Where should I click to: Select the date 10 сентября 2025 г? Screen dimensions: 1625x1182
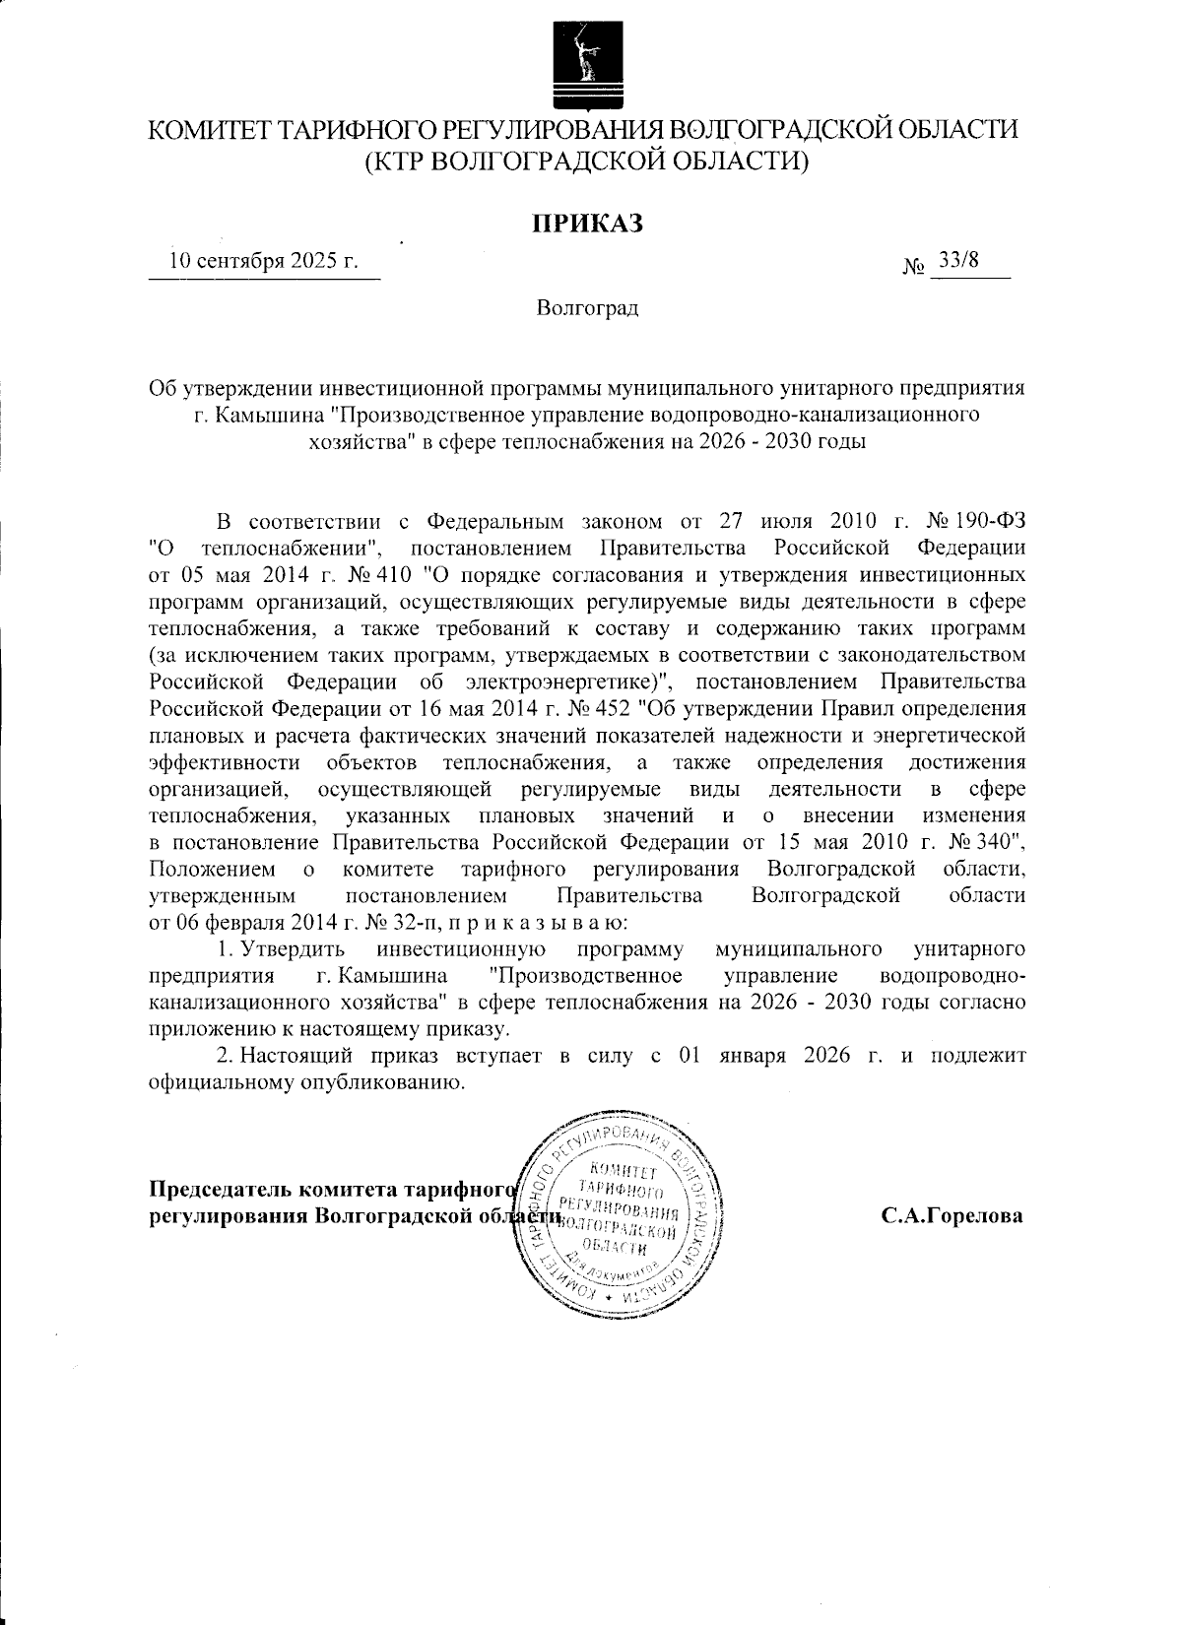(x=263, y=261)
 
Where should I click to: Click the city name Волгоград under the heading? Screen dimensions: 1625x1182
(x=588, y=308)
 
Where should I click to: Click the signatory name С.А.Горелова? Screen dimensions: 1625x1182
(x=952, y=1215)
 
